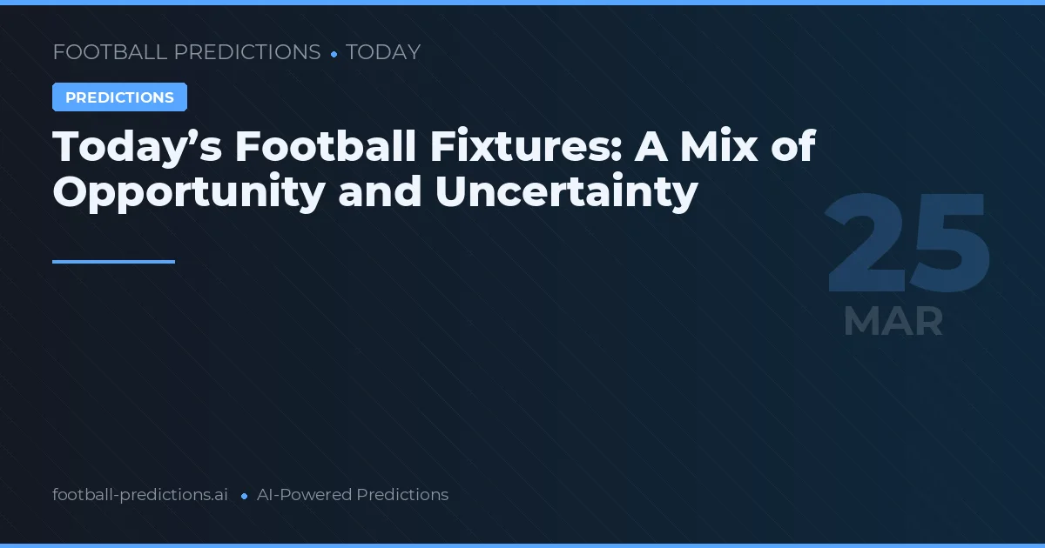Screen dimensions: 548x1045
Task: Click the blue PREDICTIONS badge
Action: coord(119,97)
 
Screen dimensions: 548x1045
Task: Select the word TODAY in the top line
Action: coord(383,52)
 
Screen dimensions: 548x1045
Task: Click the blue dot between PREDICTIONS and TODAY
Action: coord(334,54)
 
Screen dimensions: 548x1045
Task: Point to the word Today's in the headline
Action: coord(136,146)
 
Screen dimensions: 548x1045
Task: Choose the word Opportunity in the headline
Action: coord(188,191)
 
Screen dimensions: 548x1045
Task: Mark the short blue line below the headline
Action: coord(113,261)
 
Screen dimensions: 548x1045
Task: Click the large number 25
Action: coord(907,245)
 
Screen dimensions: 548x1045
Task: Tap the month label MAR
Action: coord(893,322)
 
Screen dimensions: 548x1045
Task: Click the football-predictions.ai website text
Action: coord(140,495)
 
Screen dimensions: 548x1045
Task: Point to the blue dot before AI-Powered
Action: coord(245,496)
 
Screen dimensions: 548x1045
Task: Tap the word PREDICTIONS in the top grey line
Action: coord(247,52)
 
